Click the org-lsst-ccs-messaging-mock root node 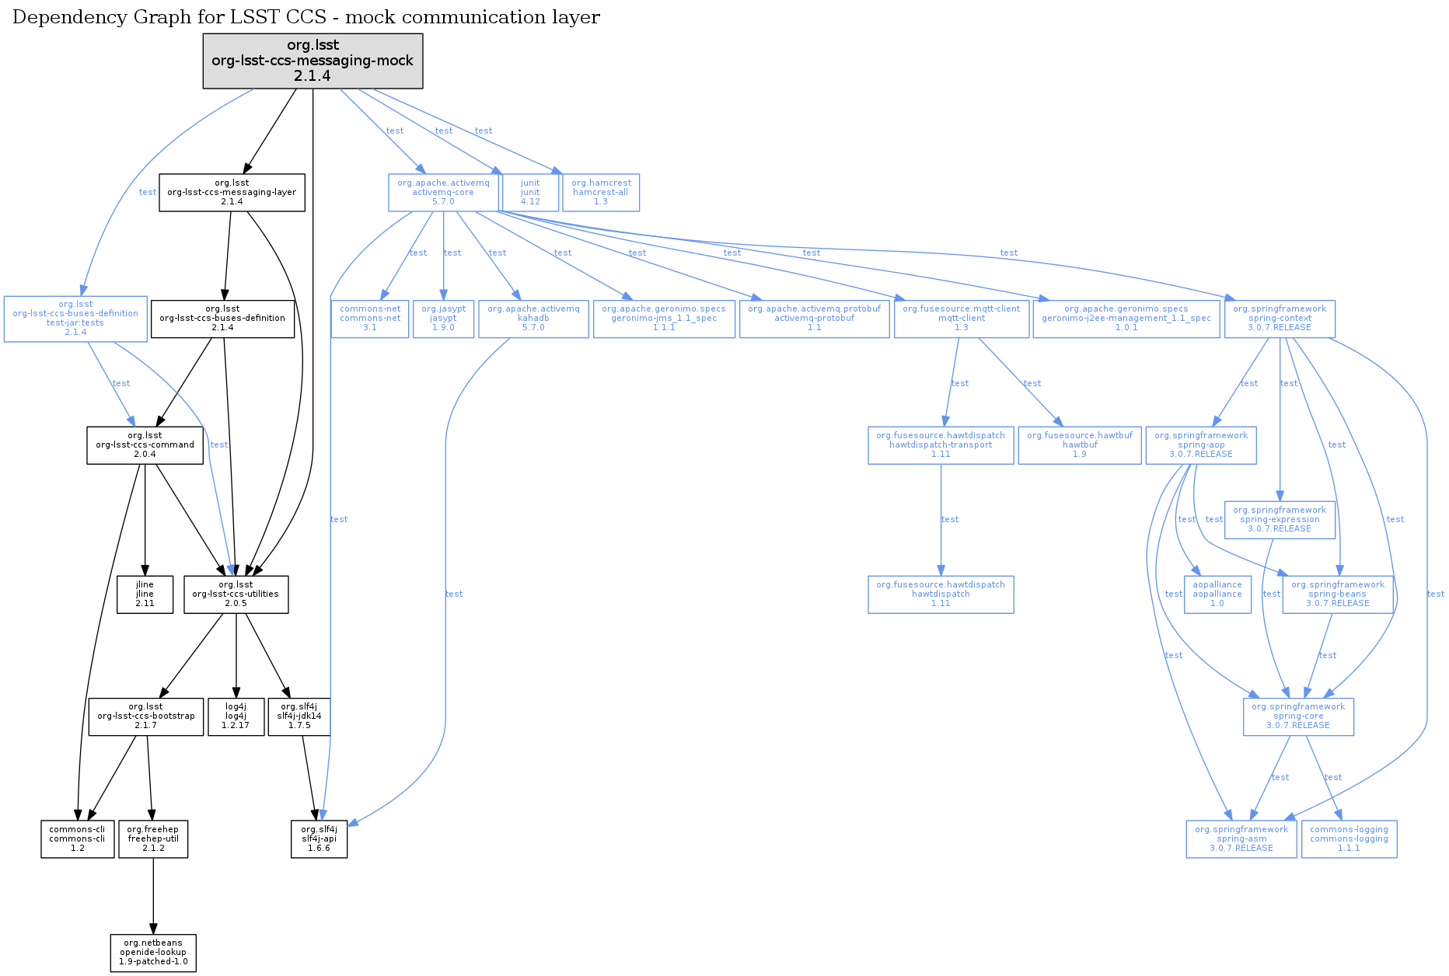click(x=312, y=61)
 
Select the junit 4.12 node click(x=530, y=193)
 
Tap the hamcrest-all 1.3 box click(x=600, y=193)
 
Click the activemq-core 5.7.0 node click(x=443, y=193)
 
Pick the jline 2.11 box click(x=145, y=594)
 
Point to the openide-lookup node click(x=153, y=953)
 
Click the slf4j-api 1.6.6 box click(x=319, y=839)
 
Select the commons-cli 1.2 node click(x=77, y=839)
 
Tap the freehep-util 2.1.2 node click(x=153, y=839)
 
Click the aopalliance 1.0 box click(x=1217, y=594)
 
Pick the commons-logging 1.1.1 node click(x=1349, y=839)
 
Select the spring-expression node click(x=1280, y=520)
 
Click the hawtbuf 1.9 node click(x=1080, y=445)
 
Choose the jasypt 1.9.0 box click(x=443, y=319)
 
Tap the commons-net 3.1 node click(x=370, y=319)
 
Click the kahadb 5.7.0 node click(x=533, y=319)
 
